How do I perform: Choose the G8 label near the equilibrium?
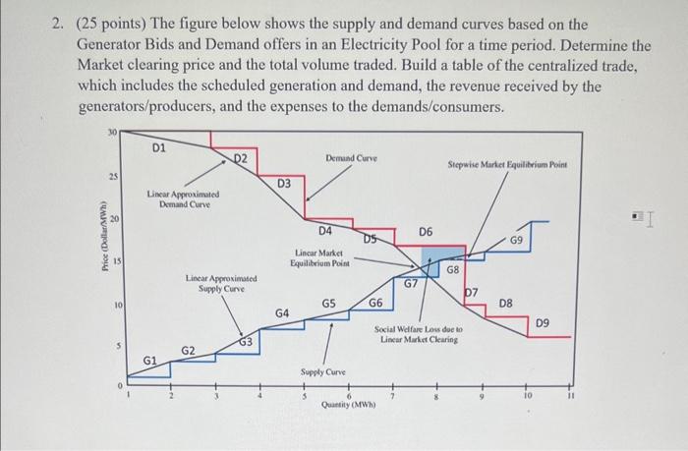pyautogui.click(x=453, y=268)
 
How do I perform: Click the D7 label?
pyautogui.click(x=471, y=292)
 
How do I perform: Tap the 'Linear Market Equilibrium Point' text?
pyautogui.click(x=315, y=258)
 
